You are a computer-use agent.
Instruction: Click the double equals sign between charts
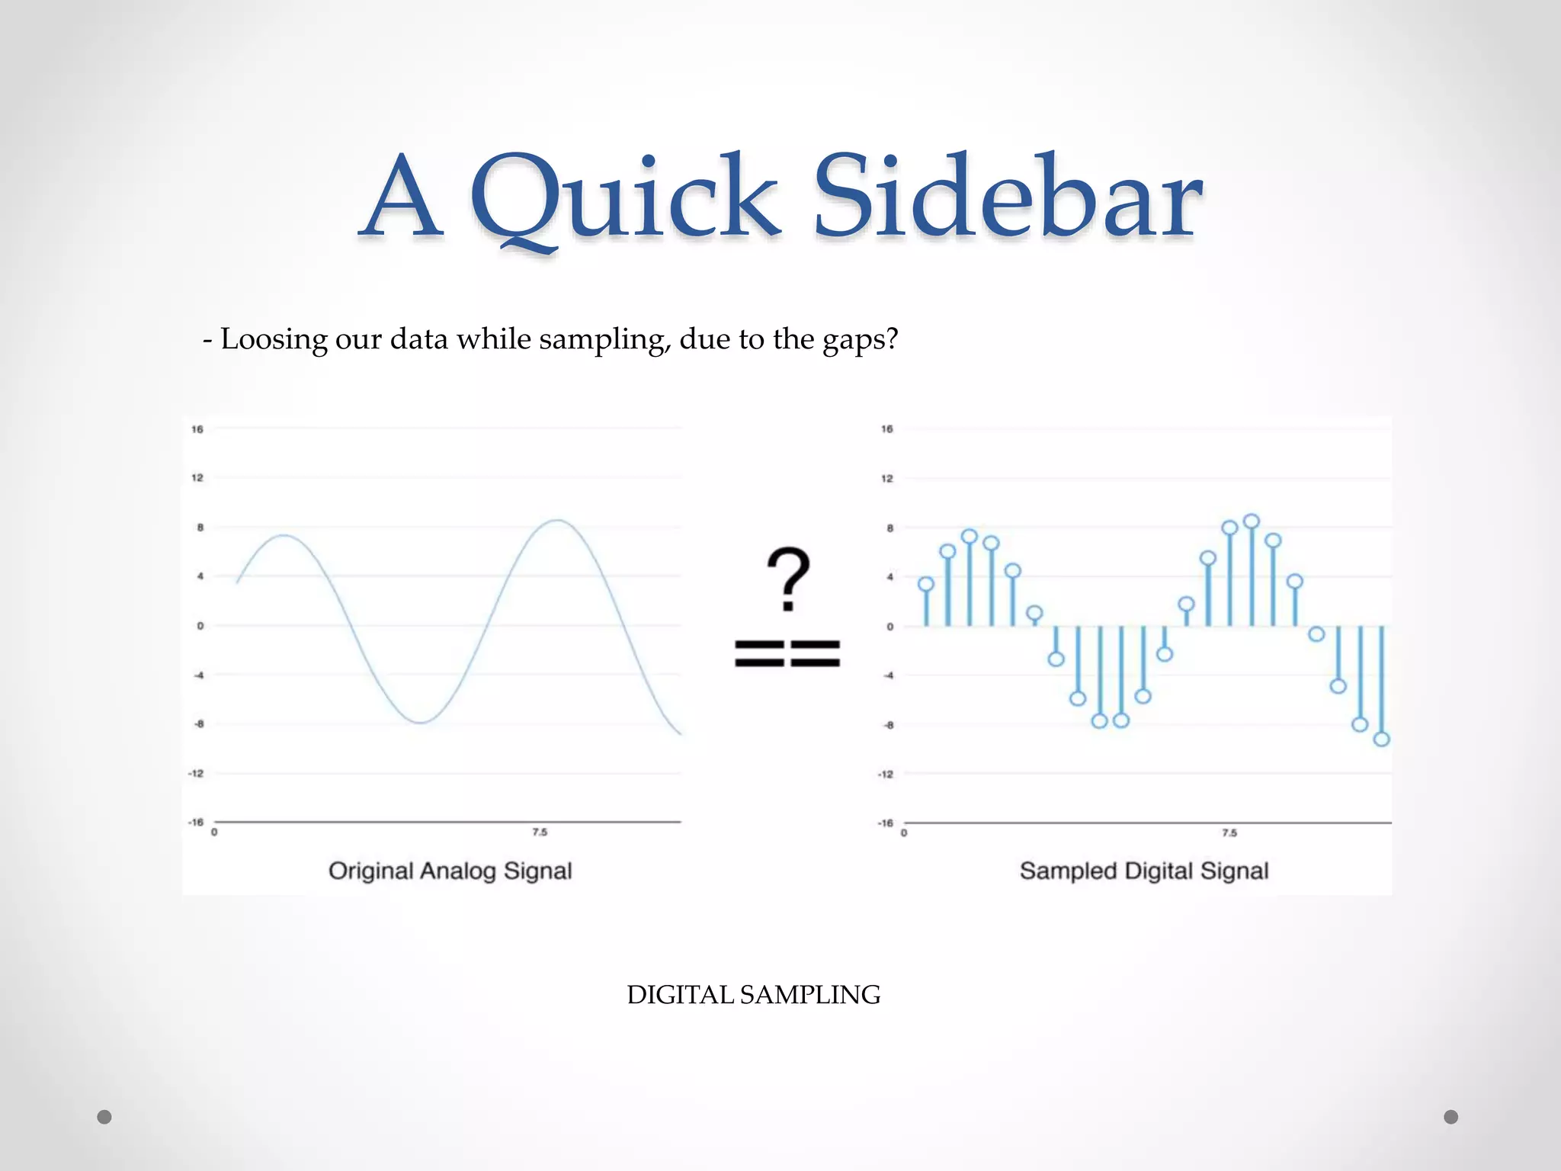pos(787,654)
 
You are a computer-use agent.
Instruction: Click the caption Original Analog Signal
pos(450,871)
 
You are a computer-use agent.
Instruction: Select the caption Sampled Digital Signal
pos(1143,871)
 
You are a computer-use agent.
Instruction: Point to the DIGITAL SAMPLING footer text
pos(753,995)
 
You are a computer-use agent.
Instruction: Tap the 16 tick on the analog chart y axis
pos(197,429)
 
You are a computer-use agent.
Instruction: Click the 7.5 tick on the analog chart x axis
pos(540,832)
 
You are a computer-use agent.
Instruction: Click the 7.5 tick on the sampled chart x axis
pos(1229,833)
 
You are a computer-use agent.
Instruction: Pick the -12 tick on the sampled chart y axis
pos(885,774)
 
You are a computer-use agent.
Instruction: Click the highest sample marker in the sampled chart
pos(1251,521)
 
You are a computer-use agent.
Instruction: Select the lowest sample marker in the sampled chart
pos(1381,739)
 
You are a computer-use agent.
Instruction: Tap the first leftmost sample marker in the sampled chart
pos(926,585)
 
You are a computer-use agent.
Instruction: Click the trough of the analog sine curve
pos(421,721)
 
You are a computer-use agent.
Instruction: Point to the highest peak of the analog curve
pos(558,520)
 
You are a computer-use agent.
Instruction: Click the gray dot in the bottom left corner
pos(104,1117)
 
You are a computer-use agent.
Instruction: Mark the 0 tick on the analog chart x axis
pos(214,832)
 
